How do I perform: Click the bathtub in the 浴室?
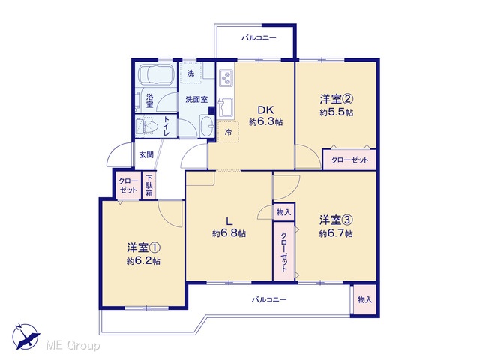pyautogui.click(x=156, y=75)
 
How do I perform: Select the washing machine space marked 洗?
pyautogui.click(x=190, y=73)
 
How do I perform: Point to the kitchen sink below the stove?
pyautogui.click(x=226, y=107)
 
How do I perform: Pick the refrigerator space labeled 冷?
pyautogui.click(x=228, y=132)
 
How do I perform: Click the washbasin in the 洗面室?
pyautogui.click(x=208, y=127)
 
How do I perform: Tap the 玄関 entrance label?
pyautogui.click(x=146, y=155)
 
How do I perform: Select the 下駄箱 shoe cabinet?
pyautogui.click(x=149, y=186)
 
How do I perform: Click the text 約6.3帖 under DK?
pyautogui.click(x=265, y=122)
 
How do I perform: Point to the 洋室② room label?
pyautogui.click(x=337, y=99)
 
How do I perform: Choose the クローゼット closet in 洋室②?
pyautogui.click(x=349, y=160)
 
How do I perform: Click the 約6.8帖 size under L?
pyautogui.click(x=229, y=233)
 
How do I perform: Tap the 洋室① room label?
pyautogui.click(x=143, y=247)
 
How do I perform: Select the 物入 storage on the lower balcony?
pyautogui.click(x=364, y=299)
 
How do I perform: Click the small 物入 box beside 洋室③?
pyautogui.click(x=283, y=211)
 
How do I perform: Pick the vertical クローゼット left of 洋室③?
pyautogui.click(x=284, y=251)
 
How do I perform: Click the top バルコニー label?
pyautogui.click(x=259, y=38)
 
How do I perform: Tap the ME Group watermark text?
pyautogui.click(x=73, y=345)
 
